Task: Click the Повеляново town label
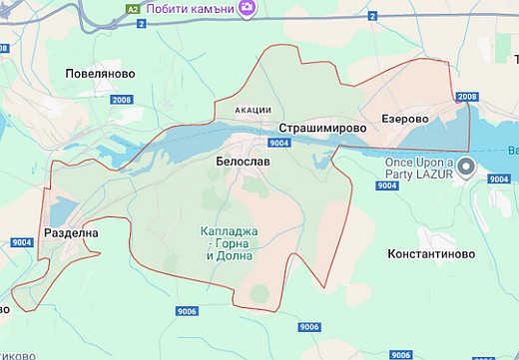(99, 74)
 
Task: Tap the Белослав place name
(243, 161)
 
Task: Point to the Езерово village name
(404, 119)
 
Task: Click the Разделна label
(71, 232)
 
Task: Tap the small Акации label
(253, 109)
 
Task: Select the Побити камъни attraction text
(189, 9)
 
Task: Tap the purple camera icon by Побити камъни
(247, 9)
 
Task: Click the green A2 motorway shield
(132, 9)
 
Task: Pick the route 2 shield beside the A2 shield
(142, 23)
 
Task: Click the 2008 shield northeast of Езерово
(466, 97)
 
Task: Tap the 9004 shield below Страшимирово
(279, 144)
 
